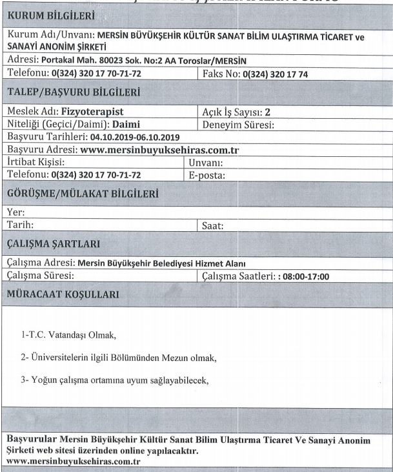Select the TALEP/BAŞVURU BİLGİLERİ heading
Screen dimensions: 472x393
[x=77, y=93]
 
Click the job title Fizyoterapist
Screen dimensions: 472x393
[x=101, y=112]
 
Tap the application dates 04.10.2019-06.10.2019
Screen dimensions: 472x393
[x=137, y=137]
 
